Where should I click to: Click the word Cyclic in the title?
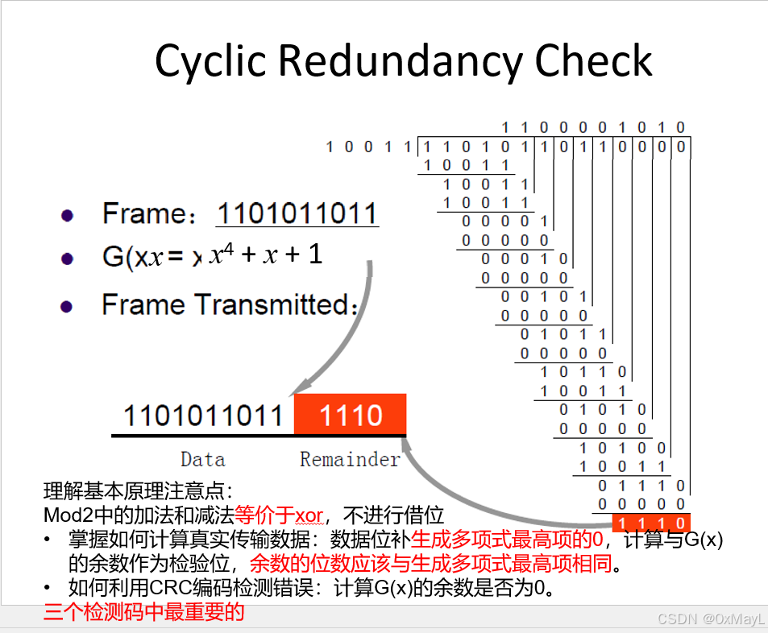(x=210, y=62)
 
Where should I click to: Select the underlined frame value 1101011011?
(x=297, y=213)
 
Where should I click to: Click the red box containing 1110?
(x=351, y=414)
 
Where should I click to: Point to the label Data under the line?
(x=203, y=460)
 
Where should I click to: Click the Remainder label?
(x=350, y=460)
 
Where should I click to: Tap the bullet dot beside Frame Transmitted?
(x=67, y=307)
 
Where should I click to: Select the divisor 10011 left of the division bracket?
(x=368, y=147)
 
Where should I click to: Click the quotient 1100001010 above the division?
(x=592, y=128)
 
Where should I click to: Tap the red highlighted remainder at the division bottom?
(x=651, y=523)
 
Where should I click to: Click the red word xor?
(x=309, y=515)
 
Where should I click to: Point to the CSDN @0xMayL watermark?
(x=711, y=619)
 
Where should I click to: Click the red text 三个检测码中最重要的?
(x=144, y=612)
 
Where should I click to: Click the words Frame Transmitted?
(x=226, y=304)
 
